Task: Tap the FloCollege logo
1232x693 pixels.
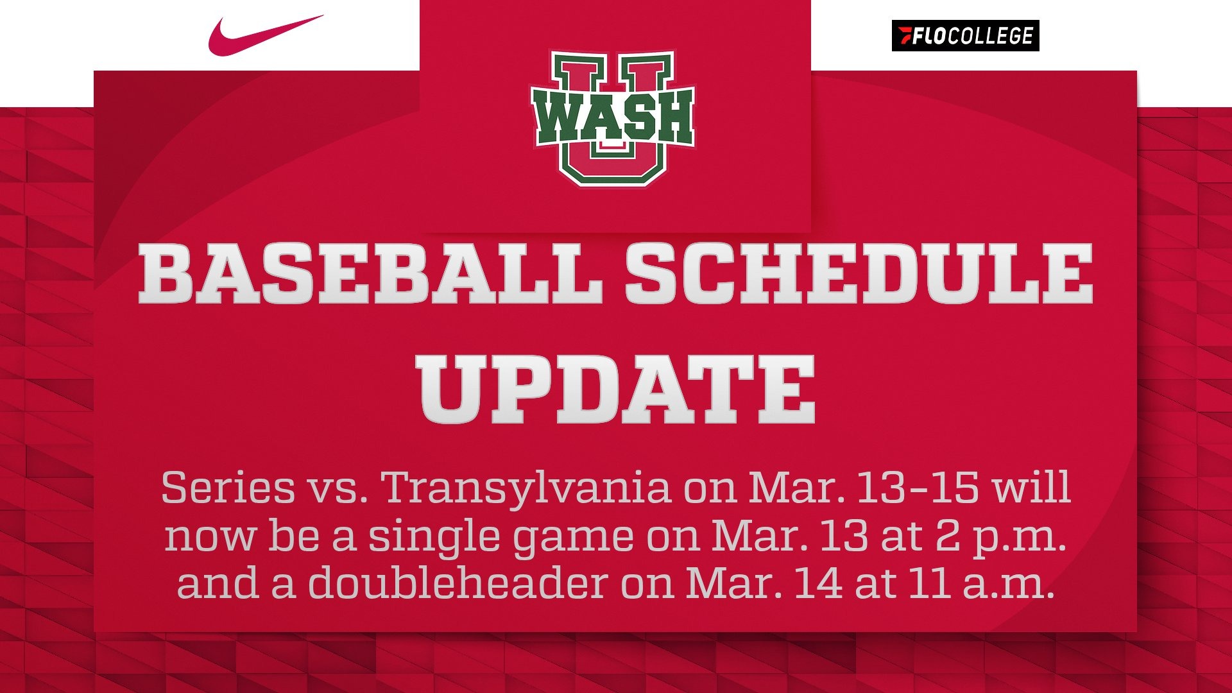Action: click(x=965, y=36)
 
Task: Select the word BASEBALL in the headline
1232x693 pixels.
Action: click(x=370, y=274)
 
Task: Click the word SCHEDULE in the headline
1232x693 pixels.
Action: click(x=859, y=274)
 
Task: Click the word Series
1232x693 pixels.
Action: click(x=228, y=488)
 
